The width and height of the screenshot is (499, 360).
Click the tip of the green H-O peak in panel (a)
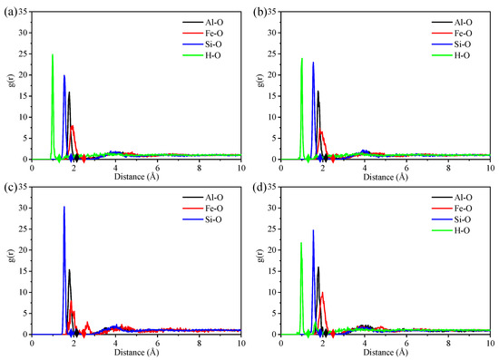53,54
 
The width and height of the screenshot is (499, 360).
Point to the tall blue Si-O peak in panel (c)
64,207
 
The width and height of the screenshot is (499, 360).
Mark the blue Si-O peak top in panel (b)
313,63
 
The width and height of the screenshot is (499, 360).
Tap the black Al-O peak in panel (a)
69,92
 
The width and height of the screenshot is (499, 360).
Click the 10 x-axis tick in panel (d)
490,343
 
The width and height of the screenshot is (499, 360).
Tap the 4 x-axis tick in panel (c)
115,343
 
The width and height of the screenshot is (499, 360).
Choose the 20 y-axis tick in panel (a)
23,73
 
